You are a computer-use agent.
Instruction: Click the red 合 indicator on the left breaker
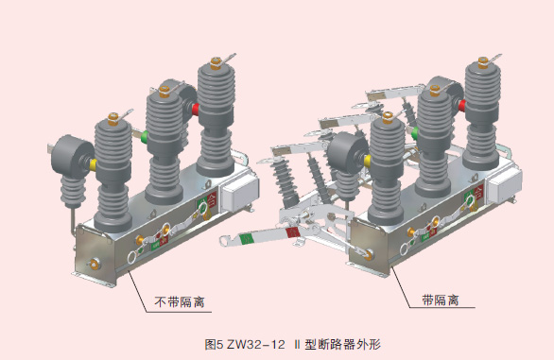[212, 199]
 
